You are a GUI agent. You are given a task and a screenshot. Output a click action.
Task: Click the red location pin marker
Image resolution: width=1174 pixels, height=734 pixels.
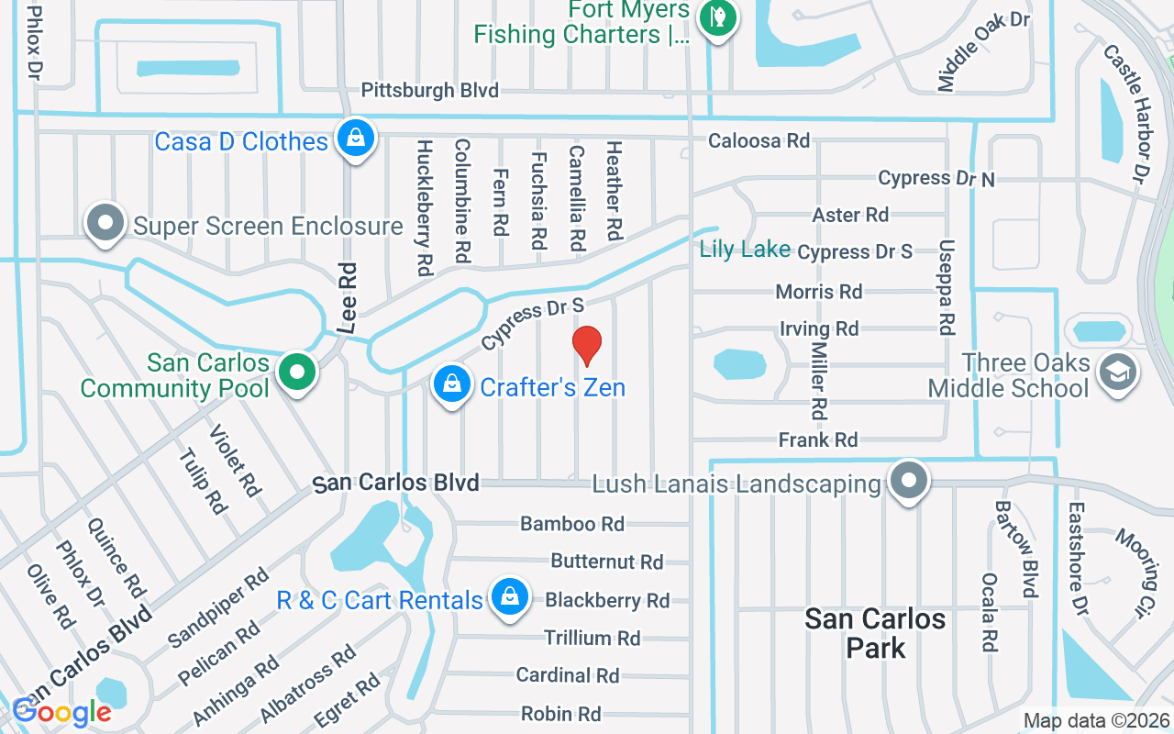point(587,345)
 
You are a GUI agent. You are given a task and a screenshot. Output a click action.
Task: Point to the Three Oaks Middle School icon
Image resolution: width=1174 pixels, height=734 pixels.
point(1118,373)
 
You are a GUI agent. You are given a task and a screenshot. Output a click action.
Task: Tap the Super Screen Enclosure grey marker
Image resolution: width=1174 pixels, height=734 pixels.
point(105,223)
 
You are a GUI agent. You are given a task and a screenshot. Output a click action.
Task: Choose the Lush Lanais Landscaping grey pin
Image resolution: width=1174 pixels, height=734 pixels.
point(909,480)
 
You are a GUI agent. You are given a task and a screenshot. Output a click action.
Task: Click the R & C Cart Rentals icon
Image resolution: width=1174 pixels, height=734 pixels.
point(508,597)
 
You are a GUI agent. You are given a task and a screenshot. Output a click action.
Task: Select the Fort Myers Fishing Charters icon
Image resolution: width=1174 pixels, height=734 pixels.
point(717,17)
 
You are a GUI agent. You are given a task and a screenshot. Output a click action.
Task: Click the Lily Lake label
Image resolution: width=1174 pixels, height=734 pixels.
point(745,249)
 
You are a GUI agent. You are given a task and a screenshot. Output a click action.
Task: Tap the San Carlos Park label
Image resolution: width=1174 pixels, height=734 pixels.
point(875,633)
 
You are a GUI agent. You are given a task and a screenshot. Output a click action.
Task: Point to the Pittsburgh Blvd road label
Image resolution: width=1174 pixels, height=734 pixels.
point(429,90)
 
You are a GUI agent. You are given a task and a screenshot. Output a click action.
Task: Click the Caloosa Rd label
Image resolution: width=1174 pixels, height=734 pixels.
point(759,140)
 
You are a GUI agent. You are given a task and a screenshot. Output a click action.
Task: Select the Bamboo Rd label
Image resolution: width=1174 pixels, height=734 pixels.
point(571,524)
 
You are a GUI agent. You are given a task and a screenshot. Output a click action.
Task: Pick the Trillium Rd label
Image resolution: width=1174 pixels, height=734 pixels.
point(592,638)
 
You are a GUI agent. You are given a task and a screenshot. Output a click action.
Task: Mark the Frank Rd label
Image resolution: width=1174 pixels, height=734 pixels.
point(818,440)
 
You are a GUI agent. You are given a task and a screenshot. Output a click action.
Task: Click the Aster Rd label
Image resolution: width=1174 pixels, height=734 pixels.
point(850,215)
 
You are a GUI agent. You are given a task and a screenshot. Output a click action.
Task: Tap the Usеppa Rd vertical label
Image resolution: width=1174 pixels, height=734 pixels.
point(947,287)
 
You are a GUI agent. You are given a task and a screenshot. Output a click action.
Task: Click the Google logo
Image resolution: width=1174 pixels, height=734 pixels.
point(61,712)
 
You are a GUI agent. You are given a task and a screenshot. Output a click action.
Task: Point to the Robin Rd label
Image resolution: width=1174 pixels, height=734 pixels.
point(560,714)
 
